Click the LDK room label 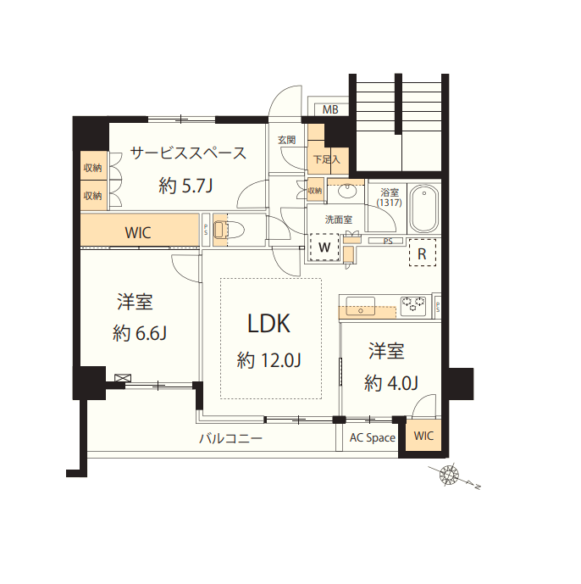tap(269, 323)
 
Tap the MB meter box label tap(330, 110)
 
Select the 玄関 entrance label tap(286, 140)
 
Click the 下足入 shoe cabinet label tap(326, 159)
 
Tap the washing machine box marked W tap(324, 248)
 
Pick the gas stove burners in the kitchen tap(413, 303)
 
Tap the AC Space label tap(373, 437)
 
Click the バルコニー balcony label tap(230, 439)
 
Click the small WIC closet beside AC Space tap(423, 437)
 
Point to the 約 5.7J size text tap(185, 186)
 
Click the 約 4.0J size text tap(391, 383)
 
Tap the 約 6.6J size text tap(139, 333)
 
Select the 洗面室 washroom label tap(326, 218)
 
